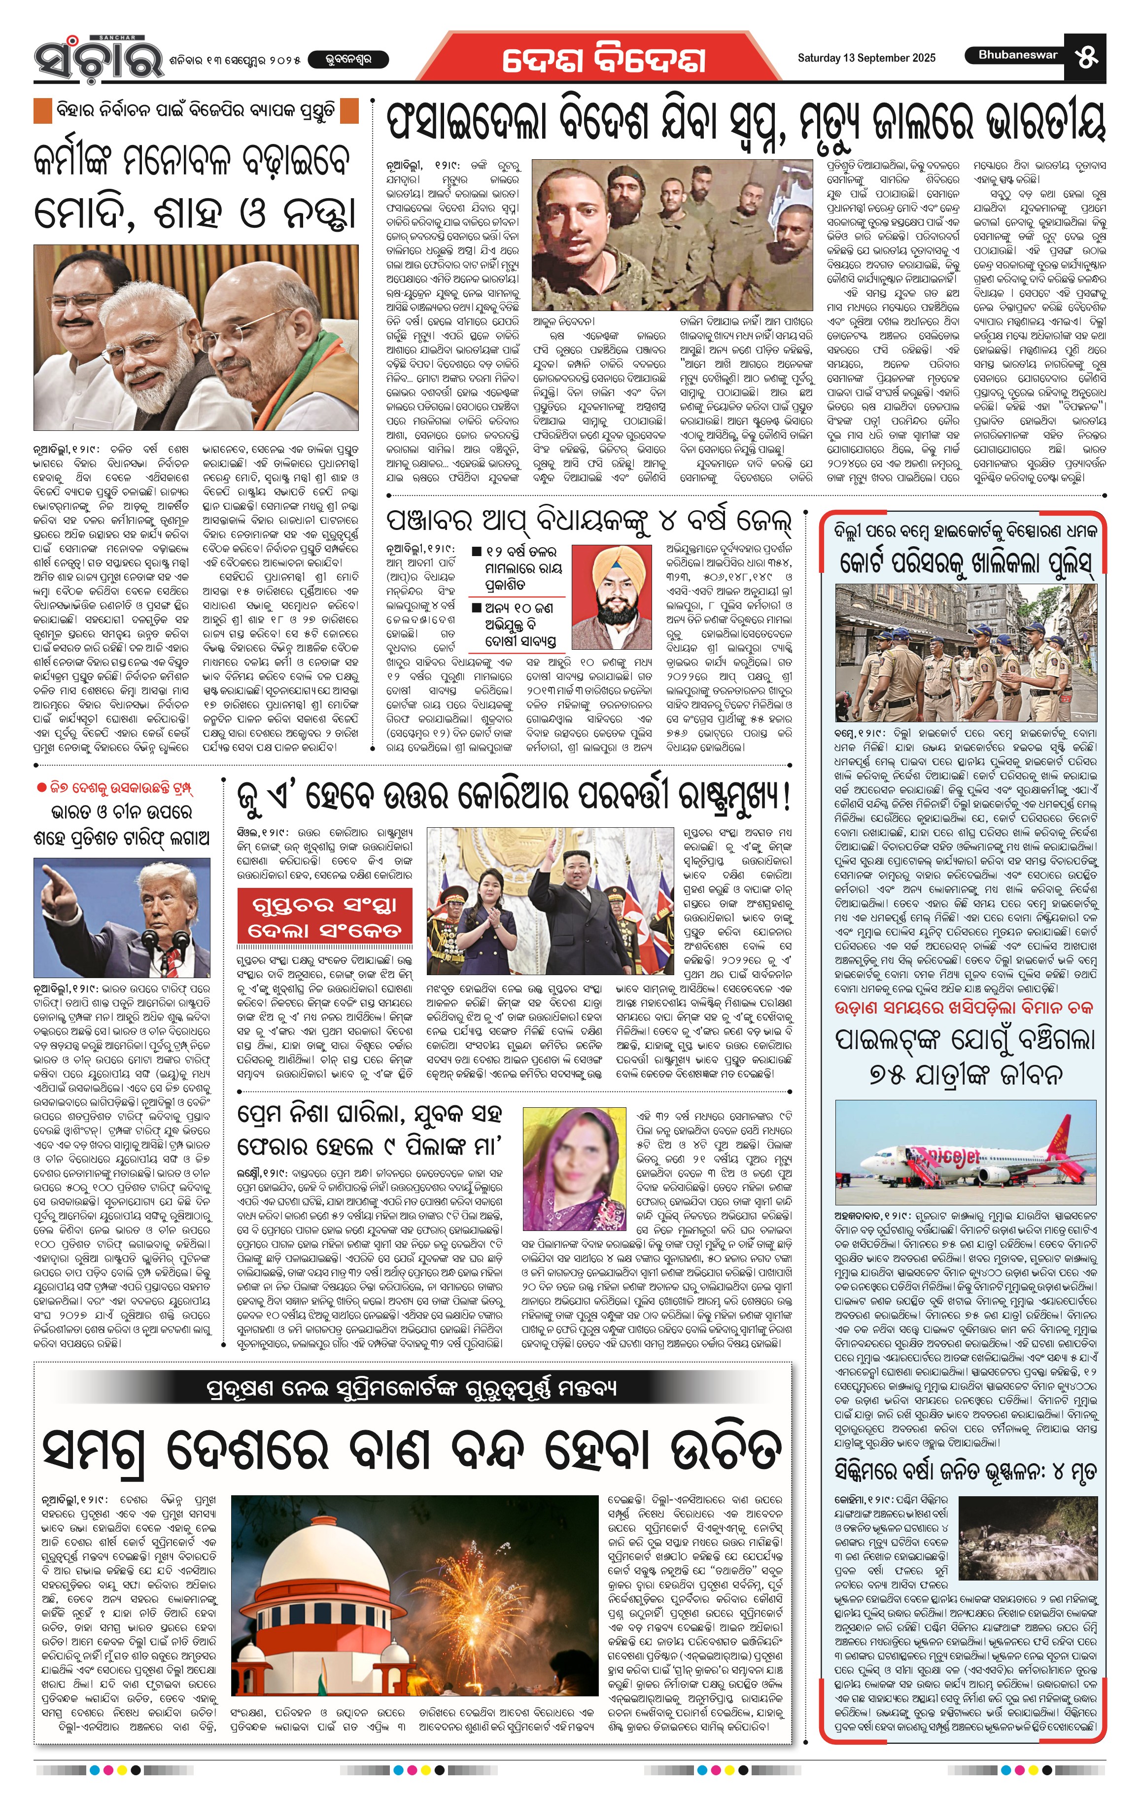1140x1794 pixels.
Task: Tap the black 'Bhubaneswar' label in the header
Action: point(1017,55)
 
